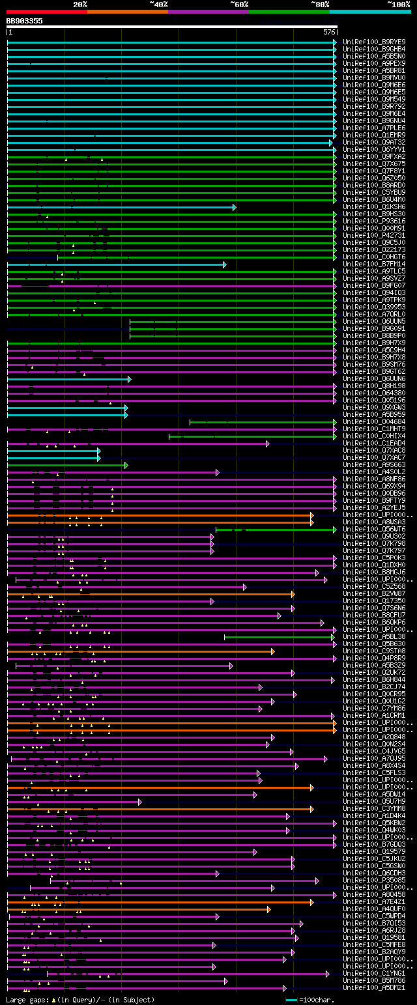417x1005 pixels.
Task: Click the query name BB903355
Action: click(25, 21)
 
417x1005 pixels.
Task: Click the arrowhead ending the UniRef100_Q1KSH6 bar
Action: click(234, 207)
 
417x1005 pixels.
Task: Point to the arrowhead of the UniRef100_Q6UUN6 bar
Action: click(130, 379)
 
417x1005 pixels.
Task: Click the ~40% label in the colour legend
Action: click(158, 5)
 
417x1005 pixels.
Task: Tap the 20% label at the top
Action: click(80, 5)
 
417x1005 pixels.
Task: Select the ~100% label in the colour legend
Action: click(398, 5)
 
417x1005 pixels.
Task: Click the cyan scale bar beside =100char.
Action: click(291, 1000)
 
